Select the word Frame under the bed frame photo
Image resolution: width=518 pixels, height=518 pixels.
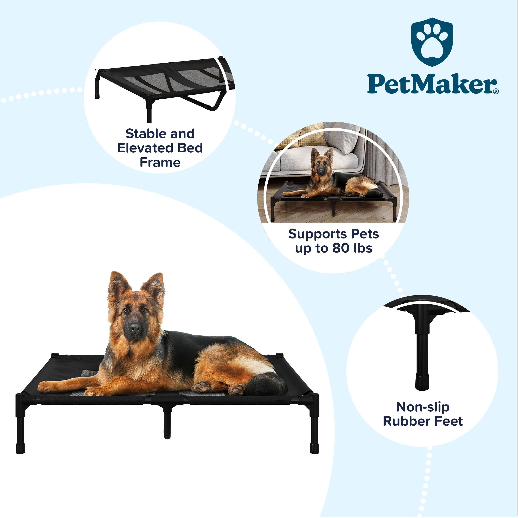click(160, 163)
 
